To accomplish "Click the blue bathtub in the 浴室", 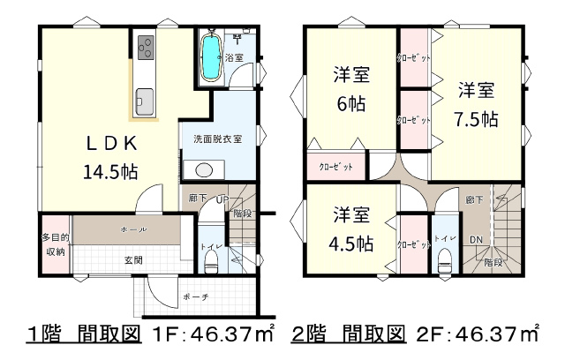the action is (212, 57).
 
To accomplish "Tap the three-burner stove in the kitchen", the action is (146, 48).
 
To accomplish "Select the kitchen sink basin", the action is (144, 101).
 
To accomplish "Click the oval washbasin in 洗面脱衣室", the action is (204, 170).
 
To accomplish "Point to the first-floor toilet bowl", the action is (211, 262).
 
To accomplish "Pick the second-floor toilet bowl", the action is (445, 262).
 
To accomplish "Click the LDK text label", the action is (112, 144).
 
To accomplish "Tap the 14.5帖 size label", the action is (110, 171).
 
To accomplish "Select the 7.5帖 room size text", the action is (476, 119).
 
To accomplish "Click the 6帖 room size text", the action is (351, 104).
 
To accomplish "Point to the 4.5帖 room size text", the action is (351, 244).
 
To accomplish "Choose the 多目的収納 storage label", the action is (56, 244).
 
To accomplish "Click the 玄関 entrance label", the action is (133, 260).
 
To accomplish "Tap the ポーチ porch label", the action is (196, 297).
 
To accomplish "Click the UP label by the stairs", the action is (222, 199).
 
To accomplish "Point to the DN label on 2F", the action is (476, 239).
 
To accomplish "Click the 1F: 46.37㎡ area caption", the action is (214, 334).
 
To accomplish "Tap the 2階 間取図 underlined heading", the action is (348, 334).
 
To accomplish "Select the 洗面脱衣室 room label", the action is (218, 139).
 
